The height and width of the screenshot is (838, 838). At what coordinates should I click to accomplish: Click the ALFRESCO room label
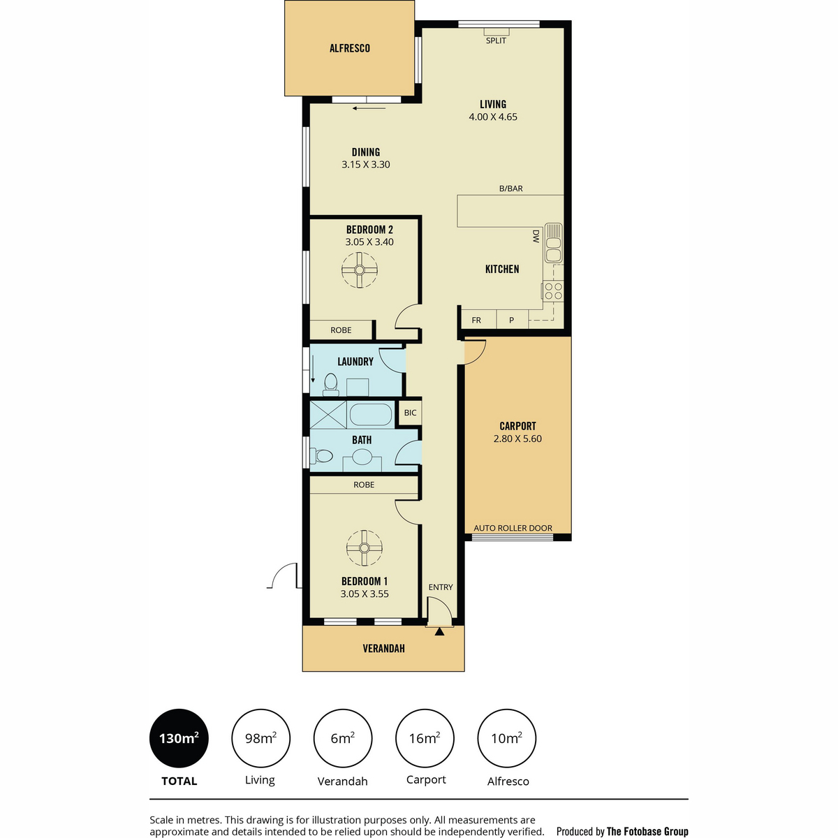point(349,48)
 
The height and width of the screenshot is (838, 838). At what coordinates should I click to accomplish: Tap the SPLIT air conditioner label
point(496,41)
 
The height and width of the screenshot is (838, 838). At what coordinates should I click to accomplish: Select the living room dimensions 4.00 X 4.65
point(493,117)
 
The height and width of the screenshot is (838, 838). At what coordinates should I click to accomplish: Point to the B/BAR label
point(510,189)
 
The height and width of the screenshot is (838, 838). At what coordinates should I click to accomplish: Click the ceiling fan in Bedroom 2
point(359,270)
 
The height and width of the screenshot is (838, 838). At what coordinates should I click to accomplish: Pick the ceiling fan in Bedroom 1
point(364,547)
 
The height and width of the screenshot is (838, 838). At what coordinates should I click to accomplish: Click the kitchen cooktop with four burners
point(552,291)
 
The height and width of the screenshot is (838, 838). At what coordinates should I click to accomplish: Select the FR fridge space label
point(476,320)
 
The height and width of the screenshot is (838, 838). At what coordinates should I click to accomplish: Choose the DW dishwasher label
point(536,236)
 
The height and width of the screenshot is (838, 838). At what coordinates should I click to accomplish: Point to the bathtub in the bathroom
point(371,414)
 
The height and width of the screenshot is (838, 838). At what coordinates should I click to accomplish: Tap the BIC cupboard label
point(410,412)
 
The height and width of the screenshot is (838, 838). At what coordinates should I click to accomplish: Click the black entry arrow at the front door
point(439,631)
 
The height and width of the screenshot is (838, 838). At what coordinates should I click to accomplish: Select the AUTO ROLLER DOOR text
point(513,528)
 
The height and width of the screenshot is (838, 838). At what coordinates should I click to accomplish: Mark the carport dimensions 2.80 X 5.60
point(517,439)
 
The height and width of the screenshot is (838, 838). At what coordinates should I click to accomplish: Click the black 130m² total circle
point(179,738)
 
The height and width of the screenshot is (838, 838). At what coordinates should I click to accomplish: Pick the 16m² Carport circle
point(425,738)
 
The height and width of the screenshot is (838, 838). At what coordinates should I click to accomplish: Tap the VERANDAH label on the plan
point(383,648)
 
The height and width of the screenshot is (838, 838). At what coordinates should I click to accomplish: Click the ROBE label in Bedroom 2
point(341,330)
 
